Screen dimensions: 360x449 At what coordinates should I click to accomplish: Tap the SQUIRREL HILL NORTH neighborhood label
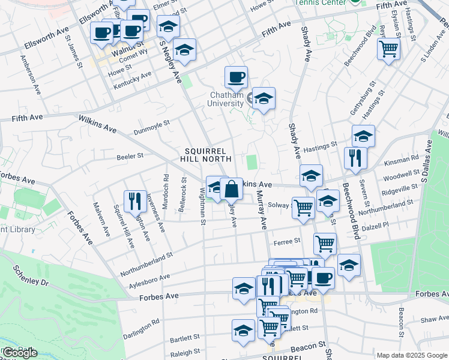[205, 155]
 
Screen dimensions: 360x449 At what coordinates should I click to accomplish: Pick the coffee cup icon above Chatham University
[236, 77]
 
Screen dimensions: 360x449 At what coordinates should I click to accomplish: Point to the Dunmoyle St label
[152, 126]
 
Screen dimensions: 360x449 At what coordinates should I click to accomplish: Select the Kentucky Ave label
[133, 79]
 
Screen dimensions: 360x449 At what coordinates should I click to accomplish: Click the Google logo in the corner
[20, 353]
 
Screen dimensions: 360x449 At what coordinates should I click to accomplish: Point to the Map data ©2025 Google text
[411, 355]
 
